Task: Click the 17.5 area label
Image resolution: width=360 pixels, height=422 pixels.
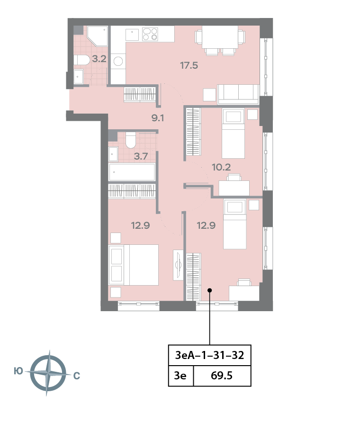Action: (189, 65)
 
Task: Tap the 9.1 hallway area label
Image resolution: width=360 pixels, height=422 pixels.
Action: (158, 118)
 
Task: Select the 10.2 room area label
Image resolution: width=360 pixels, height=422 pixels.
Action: (221, 167)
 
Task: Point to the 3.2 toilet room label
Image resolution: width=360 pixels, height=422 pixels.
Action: (99, 59)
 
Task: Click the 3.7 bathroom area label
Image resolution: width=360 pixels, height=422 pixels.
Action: (141, 156)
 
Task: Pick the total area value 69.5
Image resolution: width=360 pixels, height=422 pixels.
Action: (222, 376)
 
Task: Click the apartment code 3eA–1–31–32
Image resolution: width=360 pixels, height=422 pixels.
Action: (209, 355)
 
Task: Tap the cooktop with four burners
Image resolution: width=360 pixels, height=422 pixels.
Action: (150, 34)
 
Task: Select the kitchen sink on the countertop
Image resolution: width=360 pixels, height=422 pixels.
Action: (132, 35)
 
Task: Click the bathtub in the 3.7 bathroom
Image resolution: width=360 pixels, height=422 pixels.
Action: (132, 172)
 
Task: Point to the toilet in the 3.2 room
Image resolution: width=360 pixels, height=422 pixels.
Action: (81, 60)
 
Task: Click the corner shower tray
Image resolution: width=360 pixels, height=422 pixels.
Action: (97, 36)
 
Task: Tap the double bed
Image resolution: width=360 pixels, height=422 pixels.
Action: (134, 265)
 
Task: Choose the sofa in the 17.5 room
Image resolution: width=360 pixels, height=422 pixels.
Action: (238, 94)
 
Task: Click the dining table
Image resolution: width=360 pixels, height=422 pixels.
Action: (220, 37)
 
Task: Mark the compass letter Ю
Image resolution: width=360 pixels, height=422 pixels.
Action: (18, 371)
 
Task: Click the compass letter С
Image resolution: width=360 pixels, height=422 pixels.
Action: (77, 376)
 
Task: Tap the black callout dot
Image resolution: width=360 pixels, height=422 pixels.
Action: (210, 290)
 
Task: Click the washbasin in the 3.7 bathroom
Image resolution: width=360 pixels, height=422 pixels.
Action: (113, 154)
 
